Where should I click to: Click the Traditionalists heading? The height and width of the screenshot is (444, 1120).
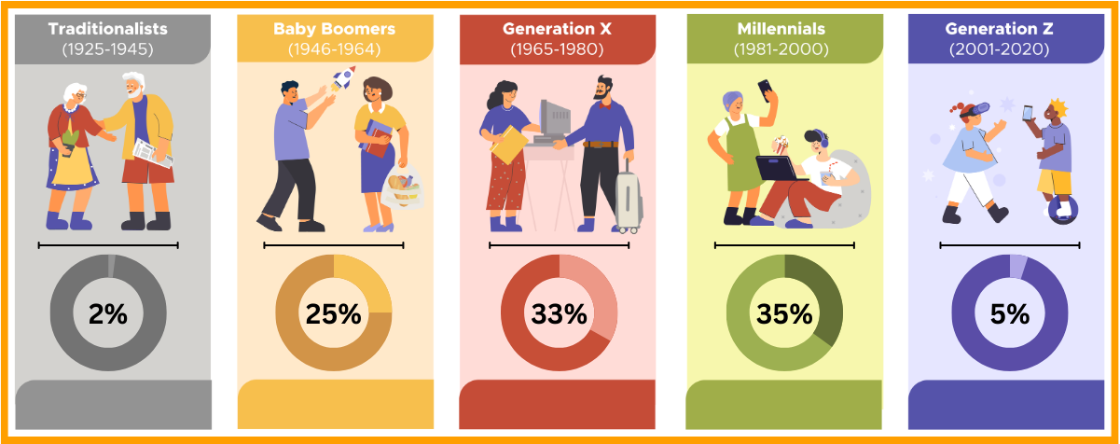coord(108,29)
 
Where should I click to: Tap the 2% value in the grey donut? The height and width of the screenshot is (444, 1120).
coord(108,313)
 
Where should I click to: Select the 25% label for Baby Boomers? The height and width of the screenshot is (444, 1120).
coord(334,313)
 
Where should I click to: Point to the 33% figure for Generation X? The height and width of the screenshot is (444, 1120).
coord(560,313)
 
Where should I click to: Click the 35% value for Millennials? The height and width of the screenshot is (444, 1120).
coord(784,313)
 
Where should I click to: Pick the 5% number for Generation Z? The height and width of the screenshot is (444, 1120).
coord(1010,313)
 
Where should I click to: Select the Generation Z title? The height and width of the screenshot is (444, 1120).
coord(1010,29)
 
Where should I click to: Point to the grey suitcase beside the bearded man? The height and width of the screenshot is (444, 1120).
coord(629,200)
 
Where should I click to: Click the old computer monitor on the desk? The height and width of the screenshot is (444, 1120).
coord(556,119)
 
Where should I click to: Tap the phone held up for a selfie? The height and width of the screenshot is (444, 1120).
coord(765,90)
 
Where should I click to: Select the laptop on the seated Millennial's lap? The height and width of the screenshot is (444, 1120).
coord(777,168)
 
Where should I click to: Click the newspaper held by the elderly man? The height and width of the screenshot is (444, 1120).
coord(153,153)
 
